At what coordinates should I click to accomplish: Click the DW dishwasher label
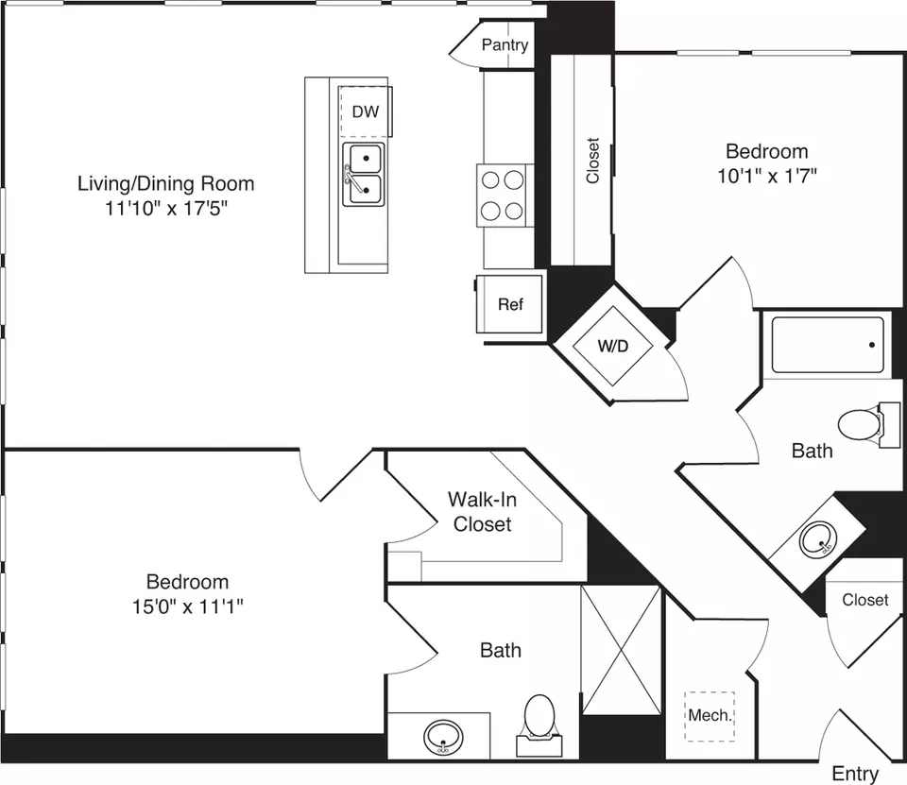coord(366,111)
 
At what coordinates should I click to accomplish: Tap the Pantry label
coord(505,44)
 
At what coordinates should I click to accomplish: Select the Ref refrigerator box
coord(509,303)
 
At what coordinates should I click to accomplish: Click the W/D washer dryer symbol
coord(612,346)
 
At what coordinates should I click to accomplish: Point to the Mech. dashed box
coord(710,716)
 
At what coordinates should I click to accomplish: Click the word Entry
coord(855,774)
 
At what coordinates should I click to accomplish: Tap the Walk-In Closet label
coord(482,511)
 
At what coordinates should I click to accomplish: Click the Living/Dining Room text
coord(166,183)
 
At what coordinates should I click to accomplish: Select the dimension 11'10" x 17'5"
coord(166,208)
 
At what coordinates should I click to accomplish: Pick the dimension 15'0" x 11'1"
coord(187,606)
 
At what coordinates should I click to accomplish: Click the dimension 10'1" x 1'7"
coord(767,176)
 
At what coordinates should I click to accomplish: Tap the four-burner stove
coord(502,195)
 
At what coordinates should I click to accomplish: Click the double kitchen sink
coord(363,174)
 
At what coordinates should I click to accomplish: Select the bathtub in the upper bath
coord(828,345)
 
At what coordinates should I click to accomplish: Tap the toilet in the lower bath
coord(539,725)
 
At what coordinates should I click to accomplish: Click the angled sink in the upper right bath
coord(817,538)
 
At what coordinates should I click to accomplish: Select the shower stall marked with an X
coord(621,650)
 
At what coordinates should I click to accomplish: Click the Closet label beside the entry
coord(864,600)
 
